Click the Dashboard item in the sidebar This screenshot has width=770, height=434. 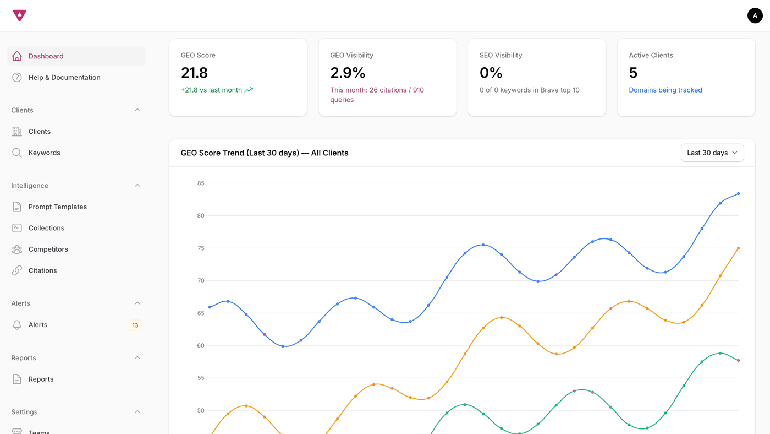pos(46,56)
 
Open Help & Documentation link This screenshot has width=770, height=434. pos(64,78)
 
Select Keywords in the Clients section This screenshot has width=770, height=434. pos(44,153)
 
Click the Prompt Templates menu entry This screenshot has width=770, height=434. pos(58,207)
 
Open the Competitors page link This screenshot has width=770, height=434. pos(48,249)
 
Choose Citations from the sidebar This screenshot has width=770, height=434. pos(42,271)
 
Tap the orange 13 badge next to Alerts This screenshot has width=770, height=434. pos(135,325)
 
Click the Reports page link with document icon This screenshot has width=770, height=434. pos(41,379)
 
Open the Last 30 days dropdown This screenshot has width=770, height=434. pos(712,153)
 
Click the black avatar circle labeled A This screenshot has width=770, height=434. pos(755,16)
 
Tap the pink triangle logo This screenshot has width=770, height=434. pos(20,15)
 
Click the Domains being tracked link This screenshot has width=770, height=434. pos(665,90)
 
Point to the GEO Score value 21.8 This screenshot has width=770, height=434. pos(194,73)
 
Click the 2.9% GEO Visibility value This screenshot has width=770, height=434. pos(348,73)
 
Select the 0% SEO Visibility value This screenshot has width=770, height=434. pos(491,73)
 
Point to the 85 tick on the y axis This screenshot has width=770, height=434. pos(201,183)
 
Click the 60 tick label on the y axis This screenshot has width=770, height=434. pos(201,346)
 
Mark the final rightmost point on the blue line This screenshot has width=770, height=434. pos(738,194)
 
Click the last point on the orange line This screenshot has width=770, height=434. pos(738,248)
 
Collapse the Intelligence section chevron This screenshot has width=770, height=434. pos(137,186)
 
